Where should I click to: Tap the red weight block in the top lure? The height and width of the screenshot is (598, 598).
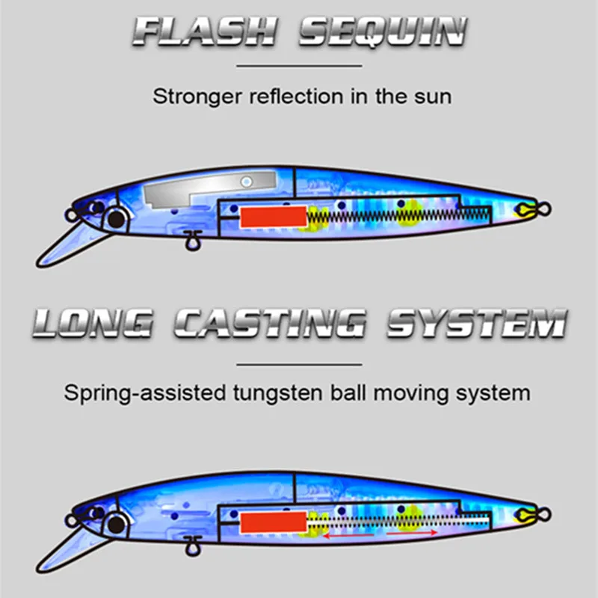click(x=273, y=217)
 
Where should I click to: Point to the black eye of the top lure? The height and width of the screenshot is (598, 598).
click(x=117, y=219)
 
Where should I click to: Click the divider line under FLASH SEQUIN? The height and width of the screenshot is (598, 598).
click(x=298, y=66)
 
